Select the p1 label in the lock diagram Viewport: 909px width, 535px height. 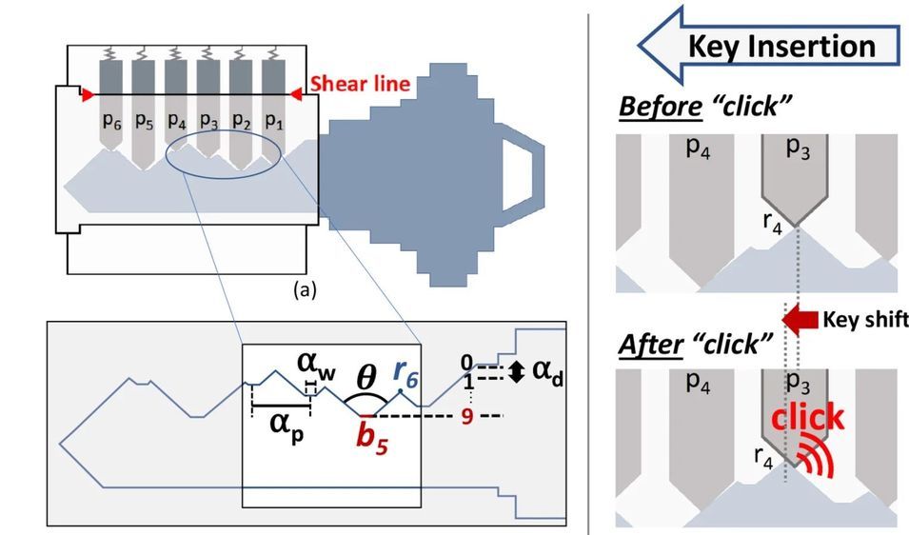(x=274, y=122)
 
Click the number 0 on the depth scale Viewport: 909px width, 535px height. (x=466, y=363)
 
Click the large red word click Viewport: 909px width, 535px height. (x=808, y=417)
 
